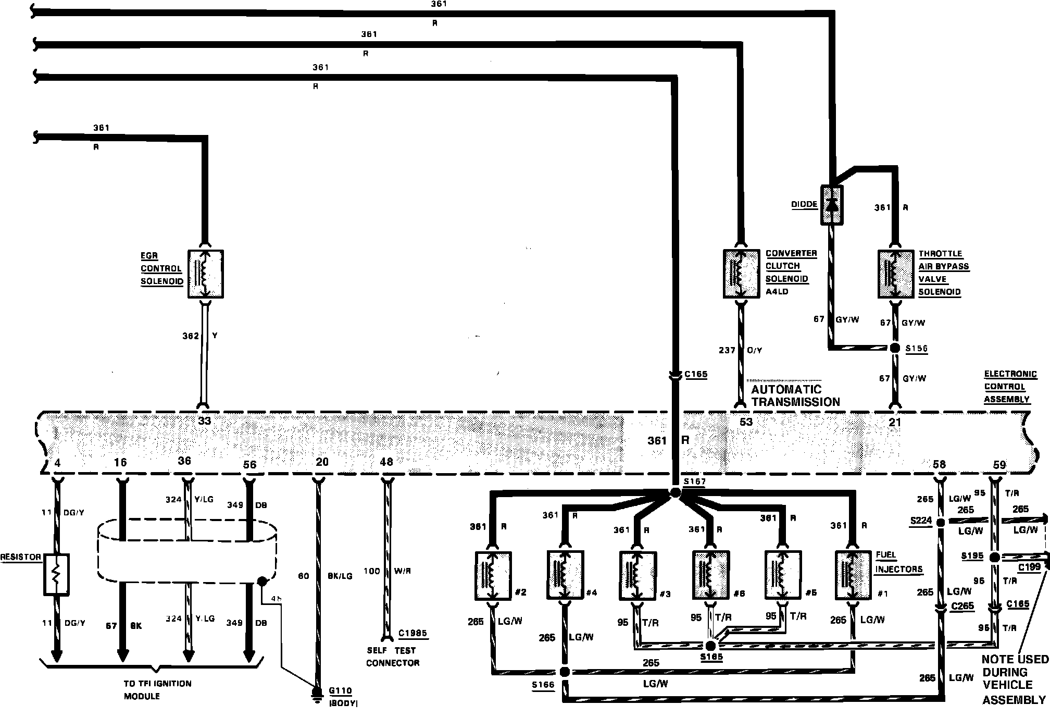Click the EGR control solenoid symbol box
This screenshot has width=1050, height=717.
(x=206, y=274)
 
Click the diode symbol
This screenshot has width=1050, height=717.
(x=832, y=205)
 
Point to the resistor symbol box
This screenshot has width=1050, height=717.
(x=56, y=575)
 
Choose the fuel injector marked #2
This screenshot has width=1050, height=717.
(x=493, y=575)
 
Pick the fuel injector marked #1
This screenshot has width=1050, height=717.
(x=853, y=575)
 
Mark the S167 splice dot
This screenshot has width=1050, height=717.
(x=675, y=493)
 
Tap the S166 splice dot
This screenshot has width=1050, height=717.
(x=564, y=672)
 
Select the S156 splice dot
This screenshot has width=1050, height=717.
(x=895, y=348)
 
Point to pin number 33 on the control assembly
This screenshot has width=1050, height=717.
(x=204, y=421)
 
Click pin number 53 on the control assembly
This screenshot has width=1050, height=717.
(x=746, y=422)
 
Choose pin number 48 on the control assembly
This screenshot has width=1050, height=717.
(x=386, y=462)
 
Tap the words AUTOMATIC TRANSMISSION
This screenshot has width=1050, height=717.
(x=795, y=395)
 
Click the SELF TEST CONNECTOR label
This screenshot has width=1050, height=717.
(x=392, y=657)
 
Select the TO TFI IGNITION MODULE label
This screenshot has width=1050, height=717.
(x=157, y=689)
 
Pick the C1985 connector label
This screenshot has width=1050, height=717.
(x=413, y=634)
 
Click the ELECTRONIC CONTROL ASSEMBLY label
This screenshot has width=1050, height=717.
(x=1009, y=387)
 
